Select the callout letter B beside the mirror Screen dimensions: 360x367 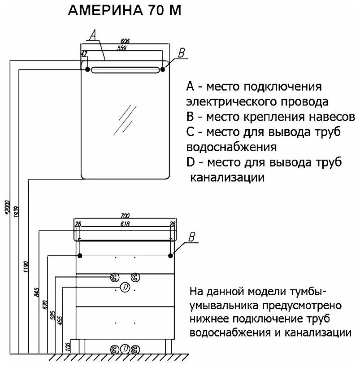click(181, 53)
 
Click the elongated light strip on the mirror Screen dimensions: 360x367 click(125, 70)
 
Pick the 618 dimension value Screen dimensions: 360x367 click(125, 223)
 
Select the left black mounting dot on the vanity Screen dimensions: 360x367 click(80, 255)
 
